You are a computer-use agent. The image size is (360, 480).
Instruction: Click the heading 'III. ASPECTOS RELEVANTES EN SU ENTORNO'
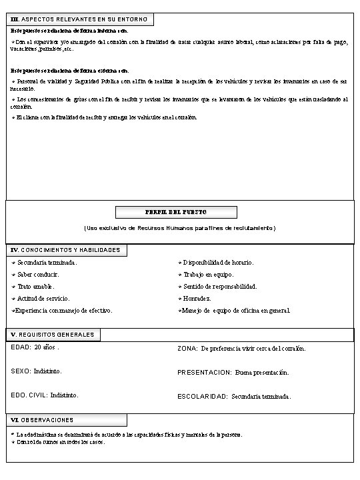point(80,19)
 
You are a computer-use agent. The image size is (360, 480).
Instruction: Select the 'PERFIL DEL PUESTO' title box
point(176,212)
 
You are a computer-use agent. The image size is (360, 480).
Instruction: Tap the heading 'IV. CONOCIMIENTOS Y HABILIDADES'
point(67,250)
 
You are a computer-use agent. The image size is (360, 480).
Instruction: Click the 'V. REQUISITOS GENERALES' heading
point(53,334)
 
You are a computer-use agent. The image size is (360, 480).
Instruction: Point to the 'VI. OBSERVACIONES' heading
point(43,420)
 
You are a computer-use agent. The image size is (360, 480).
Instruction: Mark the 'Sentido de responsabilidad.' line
point(219,287)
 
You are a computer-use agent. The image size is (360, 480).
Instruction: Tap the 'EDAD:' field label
point(21,347)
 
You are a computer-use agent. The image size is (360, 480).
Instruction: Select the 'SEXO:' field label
point(21,371)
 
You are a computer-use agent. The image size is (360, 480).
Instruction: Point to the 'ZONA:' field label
point(187,348)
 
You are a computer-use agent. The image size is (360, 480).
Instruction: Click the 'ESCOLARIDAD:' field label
point(203,396)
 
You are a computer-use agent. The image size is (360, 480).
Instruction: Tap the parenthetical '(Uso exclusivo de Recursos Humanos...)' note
point(179,229)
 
